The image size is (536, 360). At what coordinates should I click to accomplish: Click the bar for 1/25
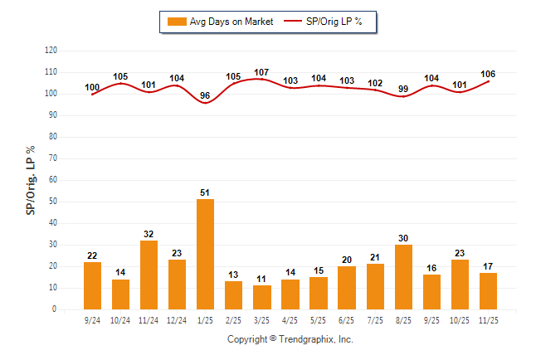pos(206,254)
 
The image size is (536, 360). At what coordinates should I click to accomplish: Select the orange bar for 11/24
pos(149,275)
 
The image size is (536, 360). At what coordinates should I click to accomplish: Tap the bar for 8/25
pos(403,277)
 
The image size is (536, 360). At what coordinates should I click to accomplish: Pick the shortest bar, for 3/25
pos(262,297)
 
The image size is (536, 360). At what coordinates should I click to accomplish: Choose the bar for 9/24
pos(93,285)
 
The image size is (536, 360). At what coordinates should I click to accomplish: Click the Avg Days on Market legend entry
pos(218,22)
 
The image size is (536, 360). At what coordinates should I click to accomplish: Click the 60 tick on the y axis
pos(53,180)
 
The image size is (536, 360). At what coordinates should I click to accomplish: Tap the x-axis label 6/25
pos(347,319)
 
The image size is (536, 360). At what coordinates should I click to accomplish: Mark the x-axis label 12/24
pos(178,319)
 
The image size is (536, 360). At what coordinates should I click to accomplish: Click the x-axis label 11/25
pos(488,319)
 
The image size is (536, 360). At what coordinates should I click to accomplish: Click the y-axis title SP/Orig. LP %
pos(32,179)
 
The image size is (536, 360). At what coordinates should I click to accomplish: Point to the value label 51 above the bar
pos(206,192)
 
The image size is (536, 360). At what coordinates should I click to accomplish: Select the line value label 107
pos(262,72)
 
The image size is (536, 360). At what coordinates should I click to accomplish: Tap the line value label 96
pos(206,96)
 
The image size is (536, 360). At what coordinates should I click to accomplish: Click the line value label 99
pos(403,90)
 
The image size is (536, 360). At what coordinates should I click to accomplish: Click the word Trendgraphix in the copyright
pos(306,339)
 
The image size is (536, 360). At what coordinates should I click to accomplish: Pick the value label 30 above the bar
pos(403,238)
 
